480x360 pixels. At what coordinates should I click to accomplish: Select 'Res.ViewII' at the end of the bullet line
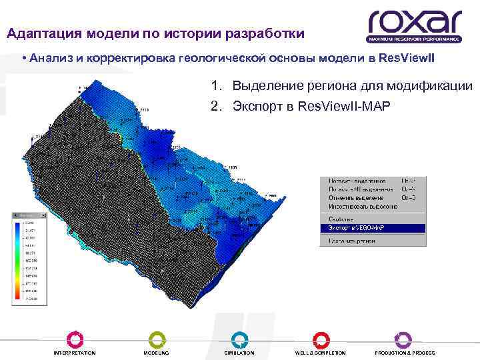[406, 58]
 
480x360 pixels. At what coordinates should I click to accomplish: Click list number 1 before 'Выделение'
[215, 86]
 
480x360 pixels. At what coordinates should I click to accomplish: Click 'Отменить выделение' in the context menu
[356, 197]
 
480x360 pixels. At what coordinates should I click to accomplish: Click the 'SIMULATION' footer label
[239, 353]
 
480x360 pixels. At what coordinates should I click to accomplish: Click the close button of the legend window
[44, 216]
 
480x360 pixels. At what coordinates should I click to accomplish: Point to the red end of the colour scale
[17, 295]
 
